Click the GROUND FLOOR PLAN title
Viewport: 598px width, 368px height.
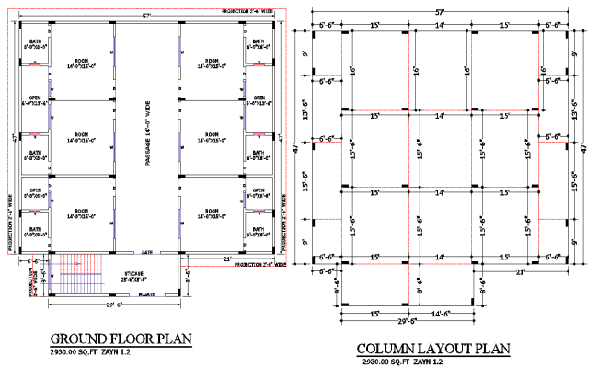121,338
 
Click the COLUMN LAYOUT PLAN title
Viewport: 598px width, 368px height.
431,349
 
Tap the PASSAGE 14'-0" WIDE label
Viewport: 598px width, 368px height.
146,132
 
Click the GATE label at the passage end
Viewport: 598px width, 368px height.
147,251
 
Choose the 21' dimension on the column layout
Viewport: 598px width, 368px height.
520,272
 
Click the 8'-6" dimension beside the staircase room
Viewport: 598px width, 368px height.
187,273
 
